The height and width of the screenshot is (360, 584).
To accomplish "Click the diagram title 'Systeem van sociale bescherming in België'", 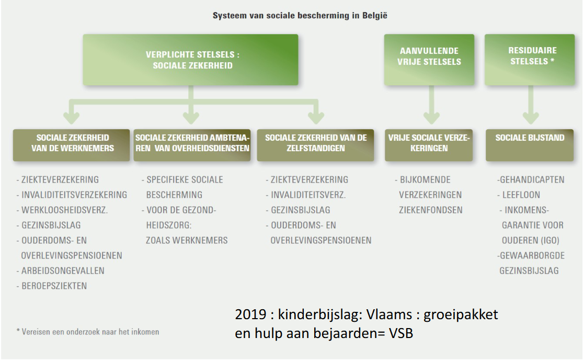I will coord(300,16).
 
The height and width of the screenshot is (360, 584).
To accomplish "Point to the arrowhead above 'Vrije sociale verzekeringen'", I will coord(430,118).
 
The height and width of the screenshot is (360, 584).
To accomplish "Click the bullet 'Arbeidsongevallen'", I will coord(63,271).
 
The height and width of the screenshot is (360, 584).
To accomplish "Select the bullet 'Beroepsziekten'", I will coord(54,286).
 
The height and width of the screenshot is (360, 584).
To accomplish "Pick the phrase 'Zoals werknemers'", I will coord(187,240).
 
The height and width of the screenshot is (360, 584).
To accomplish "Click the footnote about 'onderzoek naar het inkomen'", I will coord(88,332).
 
